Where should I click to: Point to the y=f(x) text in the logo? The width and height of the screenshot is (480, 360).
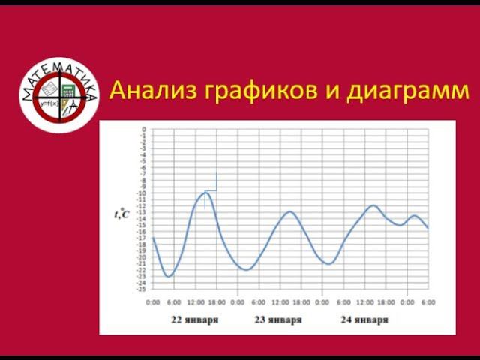tap(50, 103)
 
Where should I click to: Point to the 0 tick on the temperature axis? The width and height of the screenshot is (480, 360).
tap(143, 130)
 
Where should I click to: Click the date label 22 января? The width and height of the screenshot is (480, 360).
tap(195, 319)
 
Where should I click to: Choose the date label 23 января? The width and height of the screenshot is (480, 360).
tap(279, 319)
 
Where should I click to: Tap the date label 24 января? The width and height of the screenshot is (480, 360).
tap(364, 319)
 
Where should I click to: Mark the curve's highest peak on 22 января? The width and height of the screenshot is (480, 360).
tap(204, 193)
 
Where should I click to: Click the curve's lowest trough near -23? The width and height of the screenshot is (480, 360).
tap(169, 277)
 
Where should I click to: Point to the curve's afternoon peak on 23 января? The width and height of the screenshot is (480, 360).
tap(289, 212)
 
